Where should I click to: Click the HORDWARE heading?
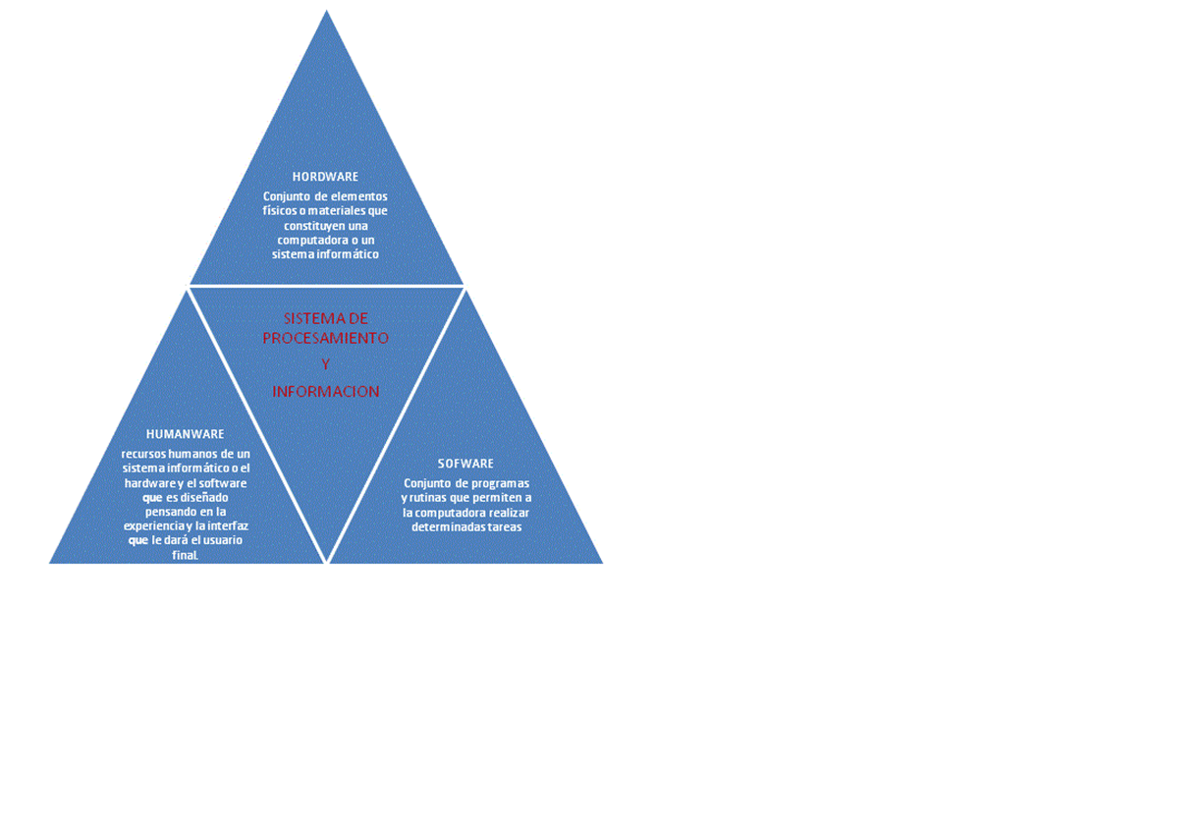(325, 177)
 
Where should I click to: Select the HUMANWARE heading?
(185, 434)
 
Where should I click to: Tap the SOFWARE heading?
(465, 464)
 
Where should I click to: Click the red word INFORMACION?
(325, 392)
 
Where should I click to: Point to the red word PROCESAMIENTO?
(325, 338)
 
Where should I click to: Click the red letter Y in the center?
(325, 364)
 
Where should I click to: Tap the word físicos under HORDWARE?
(280, 211)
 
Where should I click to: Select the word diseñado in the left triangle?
(204, 497)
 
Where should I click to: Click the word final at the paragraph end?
(185, 556)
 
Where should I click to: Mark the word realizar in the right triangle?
(505, 513)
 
